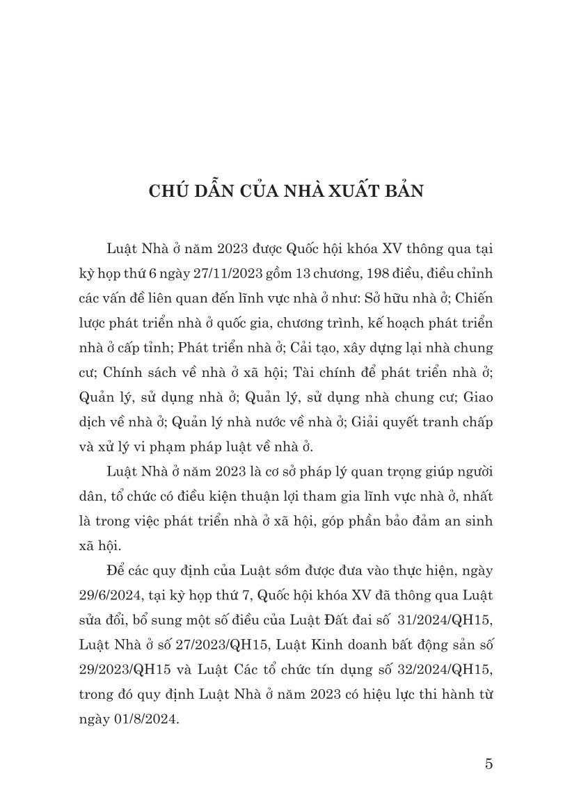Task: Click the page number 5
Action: pos(488,763)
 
